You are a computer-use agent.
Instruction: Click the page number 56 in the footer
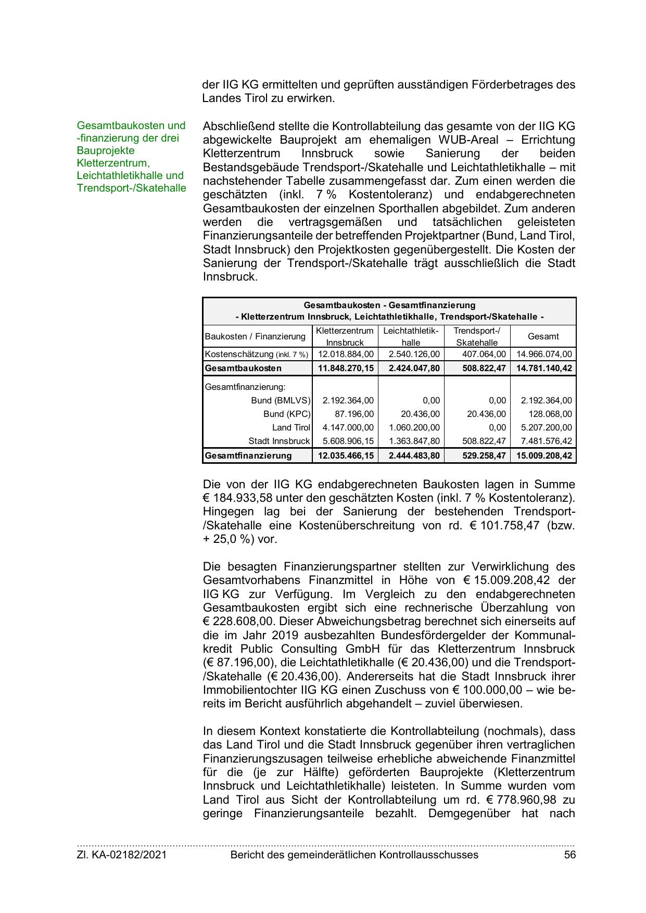569,854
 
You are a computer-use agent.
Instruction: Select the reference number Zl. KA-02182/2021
122,854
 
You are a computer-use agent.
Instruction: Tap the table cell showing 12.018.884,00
346,354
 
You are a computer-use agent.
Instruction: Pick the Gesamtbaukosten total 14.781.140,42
544,368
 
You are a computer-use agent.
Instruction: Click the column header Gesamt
543,336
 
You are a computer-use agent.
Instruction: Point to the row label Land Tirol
291,427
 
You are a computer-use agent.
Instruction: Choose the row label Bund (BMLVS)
281,400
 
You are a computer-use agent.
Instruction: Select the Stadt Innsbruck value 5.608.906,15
348,441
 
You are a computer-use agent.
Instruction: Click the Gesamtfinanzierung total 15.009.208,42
544,455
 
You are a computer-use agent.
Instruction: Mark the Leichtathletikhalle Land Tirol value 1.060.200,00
414,427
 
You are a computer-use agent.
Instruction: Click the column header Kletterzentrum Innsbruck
345,336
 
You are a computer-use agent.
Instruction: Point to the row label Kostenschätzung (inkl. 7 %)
257,354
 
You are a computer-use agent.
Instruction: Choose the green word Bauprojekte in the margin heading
106,150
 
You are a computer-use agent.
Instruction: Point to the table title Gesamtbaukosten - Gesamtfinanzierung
389,305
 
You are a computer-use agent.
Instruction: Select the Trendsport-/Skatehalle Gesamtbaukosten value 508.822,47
484,368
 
